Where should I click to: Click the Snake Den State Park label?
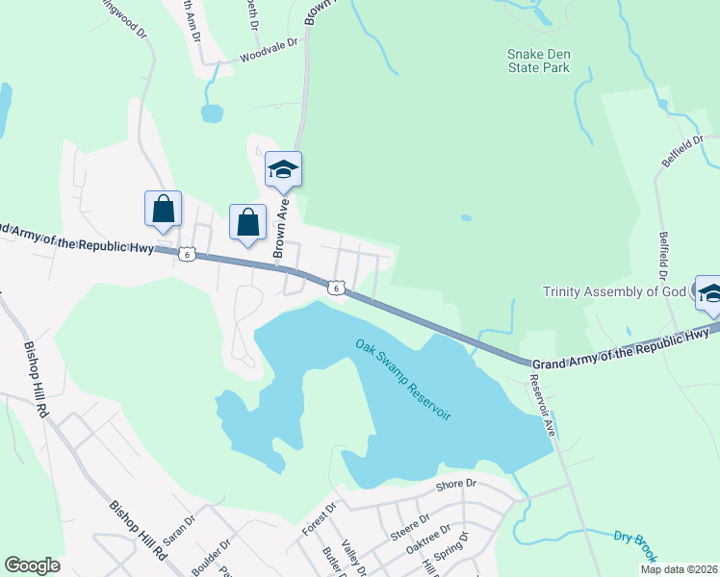point(539,61)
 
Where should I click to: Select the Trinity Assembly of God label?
point(614,292)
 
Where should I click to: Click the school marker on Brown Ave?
point(283,170)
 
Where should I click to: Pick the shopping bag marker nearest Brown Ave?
point(248,222)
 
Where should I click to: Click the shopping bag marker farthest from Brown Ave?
point(163,210)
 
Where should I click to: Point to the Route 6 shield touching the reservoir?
point(335,288)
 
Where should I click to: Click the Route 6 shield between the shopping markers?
point(189,254)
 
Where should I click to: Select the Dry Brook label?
point(635,544)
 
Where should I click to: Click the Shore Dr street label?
point(456,485)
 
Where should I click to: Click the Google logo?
point(33,565)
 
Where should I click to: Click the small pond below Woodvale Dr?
point(212,113)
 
